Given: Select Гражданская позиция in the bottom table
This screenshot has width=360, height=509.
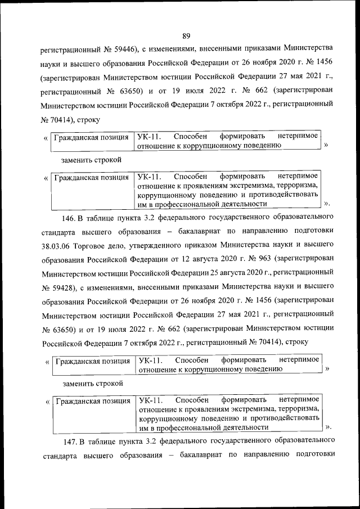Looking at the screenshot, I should coord(92,401).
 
